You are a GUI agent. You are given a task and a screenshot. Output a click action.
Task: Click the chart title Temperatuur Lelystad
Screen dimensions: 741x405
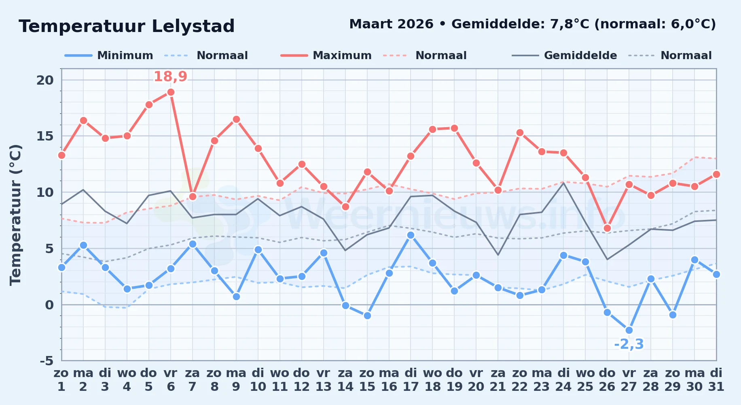pyautogui.click(x=127, y=26)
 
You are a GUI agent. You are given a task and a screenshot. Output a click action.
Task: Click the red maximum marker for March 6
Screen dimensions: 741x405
pyautogui.click(x=171, y=92)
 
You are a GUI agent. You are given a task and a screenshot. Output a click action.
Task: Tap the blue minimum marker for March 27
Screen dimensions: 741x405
pyautogui.click(x=629, y=330)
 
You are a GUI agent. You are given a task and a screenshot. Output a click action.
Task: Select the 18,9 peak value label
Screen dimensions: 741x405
pyautogui.click(x=170, y=76)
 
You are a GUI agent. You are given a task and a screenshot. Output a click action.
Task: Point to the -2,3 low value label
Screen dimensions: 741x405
pyautogui.click(x=629, y=344)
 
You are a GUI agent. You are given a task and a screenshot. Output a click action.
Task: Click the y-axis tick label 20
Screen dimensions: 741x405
pyautogui.click(x=45, y=80)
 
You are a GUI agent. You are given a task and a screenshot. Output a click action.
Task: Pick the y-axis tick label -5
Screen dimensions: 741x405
pyautogui.click(x=47, y=360)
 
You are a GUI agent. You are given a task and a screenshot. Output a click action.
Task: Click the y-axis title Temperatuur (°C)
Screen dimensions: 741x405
pyautogui.click(x=15, y=215)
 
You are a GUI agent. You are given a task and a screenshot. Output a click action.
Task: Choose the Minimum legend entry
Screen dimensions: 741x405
pyautogui.click(x=109, y=55)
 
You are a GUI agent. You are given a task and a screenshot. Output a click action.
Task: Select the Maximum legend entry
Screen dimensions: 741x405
pyautogui.click(x=326, y=55)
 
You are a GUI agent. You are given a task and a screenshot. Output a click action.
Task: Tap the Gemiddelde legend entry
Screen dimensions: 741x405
pyautogui.click(x=564, y=55)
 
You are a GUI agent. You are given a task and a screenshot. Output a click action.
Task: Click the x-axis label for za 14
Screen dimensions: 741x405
pyautogui.click(x=345, y=380)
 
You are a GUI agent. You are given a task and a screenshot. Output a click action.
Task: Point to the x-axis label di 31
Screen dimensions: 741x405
pyautogui.click(x=716, y=380)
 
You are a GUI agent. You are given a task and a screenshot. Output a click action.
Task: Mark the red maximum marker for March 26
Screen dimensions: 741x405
pyautogui.click(x=607, y=228)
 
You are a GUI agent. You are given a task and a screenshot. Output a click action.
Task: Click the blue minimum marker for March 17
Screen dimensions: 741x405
pyautogui.click(x=411, y=235)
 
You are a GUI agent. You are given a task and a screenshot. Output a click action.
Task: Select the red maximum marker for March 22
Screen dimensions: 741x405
pyautogui.click(x=520, y=133)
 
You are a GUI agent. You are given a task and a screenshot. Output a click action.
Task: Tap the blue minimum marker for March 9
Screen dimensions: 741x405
pyautogui.click(x=236, y=297)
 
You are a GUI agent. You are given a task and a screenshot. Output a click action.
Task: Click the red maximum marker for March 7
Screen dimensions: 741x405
pyautogui.click(x=193, y=197)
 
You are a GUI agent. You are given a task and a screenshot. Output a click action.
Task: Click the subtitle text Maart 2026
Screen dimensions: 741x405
pyautogui.click(x=391, y=24)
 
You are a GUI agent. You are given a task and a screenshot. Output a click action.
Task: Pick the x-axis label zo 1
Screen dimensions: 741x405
pyautogui.click(x=61, y=380)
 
